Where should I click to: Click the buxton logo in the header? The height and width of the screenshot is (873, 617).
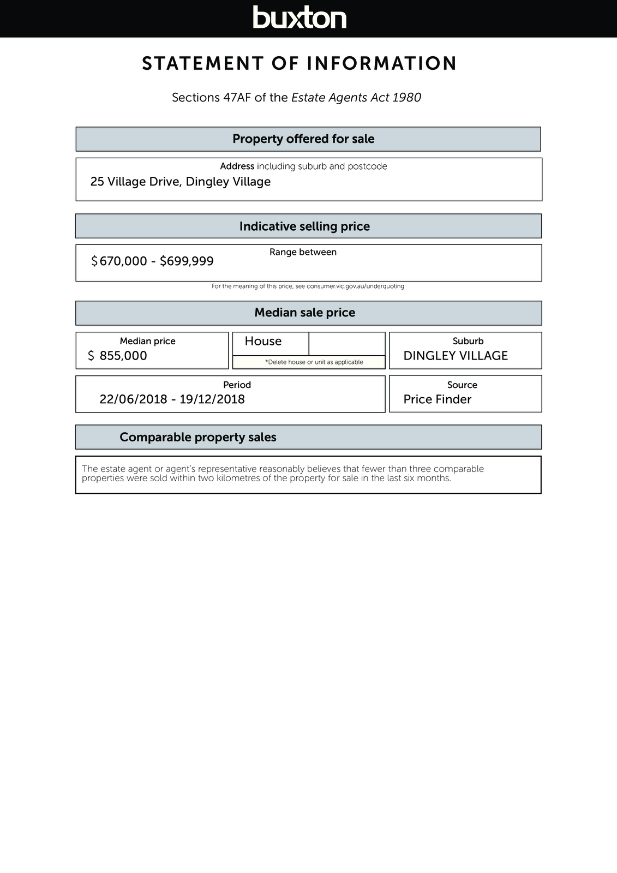pyautogui.click(x=299, y=17)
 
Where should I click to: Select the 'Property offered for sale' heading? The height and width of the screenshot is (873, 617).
pyautogui.click(x=303, y=139)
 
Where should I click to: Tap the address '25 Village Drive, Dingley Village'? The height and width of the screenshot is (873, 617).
pyautogui.click(x=181, y=182)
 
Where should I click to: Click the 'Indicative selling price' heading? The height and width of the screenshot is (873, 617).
pyautogui.click(x=304, y=226)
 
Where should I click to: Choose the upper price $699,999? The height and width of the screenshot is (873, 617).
pyautogui.click(x=187, y=261)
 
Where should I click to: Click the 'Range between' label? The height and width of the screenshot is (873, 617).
pyautogui.click(x=303, y=252)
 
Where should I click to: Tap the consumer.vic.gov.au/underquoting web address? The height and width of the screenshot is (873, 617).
pyautogui.click(x=355, y=286)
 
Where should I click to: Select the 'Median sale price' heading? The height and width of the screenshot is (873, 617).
pyautogui.click(x=304, y=313)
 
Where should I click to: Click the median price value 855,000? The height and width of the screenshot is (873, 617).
pyautogui.click(x=123, y=356)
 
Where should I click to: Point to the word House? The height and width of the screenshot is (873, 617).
pyautogui.click(x=263, y=342)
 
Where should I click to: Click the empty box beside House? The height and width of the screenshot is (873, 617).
pyautogui.click(x=347, y=344)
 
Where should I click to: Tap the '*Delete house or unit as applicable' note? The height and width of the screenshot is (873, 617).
pyautogui.click(x=314, y=362)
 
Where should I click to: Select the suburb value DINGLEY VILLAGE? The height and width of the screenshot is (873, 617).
pyautogui.click(x=456, y=356)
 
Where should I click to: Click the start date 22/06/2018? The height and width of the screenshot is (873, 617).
pyautogui.click(x=133, y=399)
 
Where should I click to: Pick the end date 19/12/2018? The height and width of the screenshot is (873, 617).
pyautogui.click(x=212, y=399)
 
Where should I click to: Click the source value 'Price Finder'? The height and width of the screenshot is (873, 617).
pyautogui.click(x=438, y=399)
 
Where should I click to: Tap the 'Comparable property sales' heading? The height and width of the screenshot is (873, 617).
pyautogui.click(x=198, y=438)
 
